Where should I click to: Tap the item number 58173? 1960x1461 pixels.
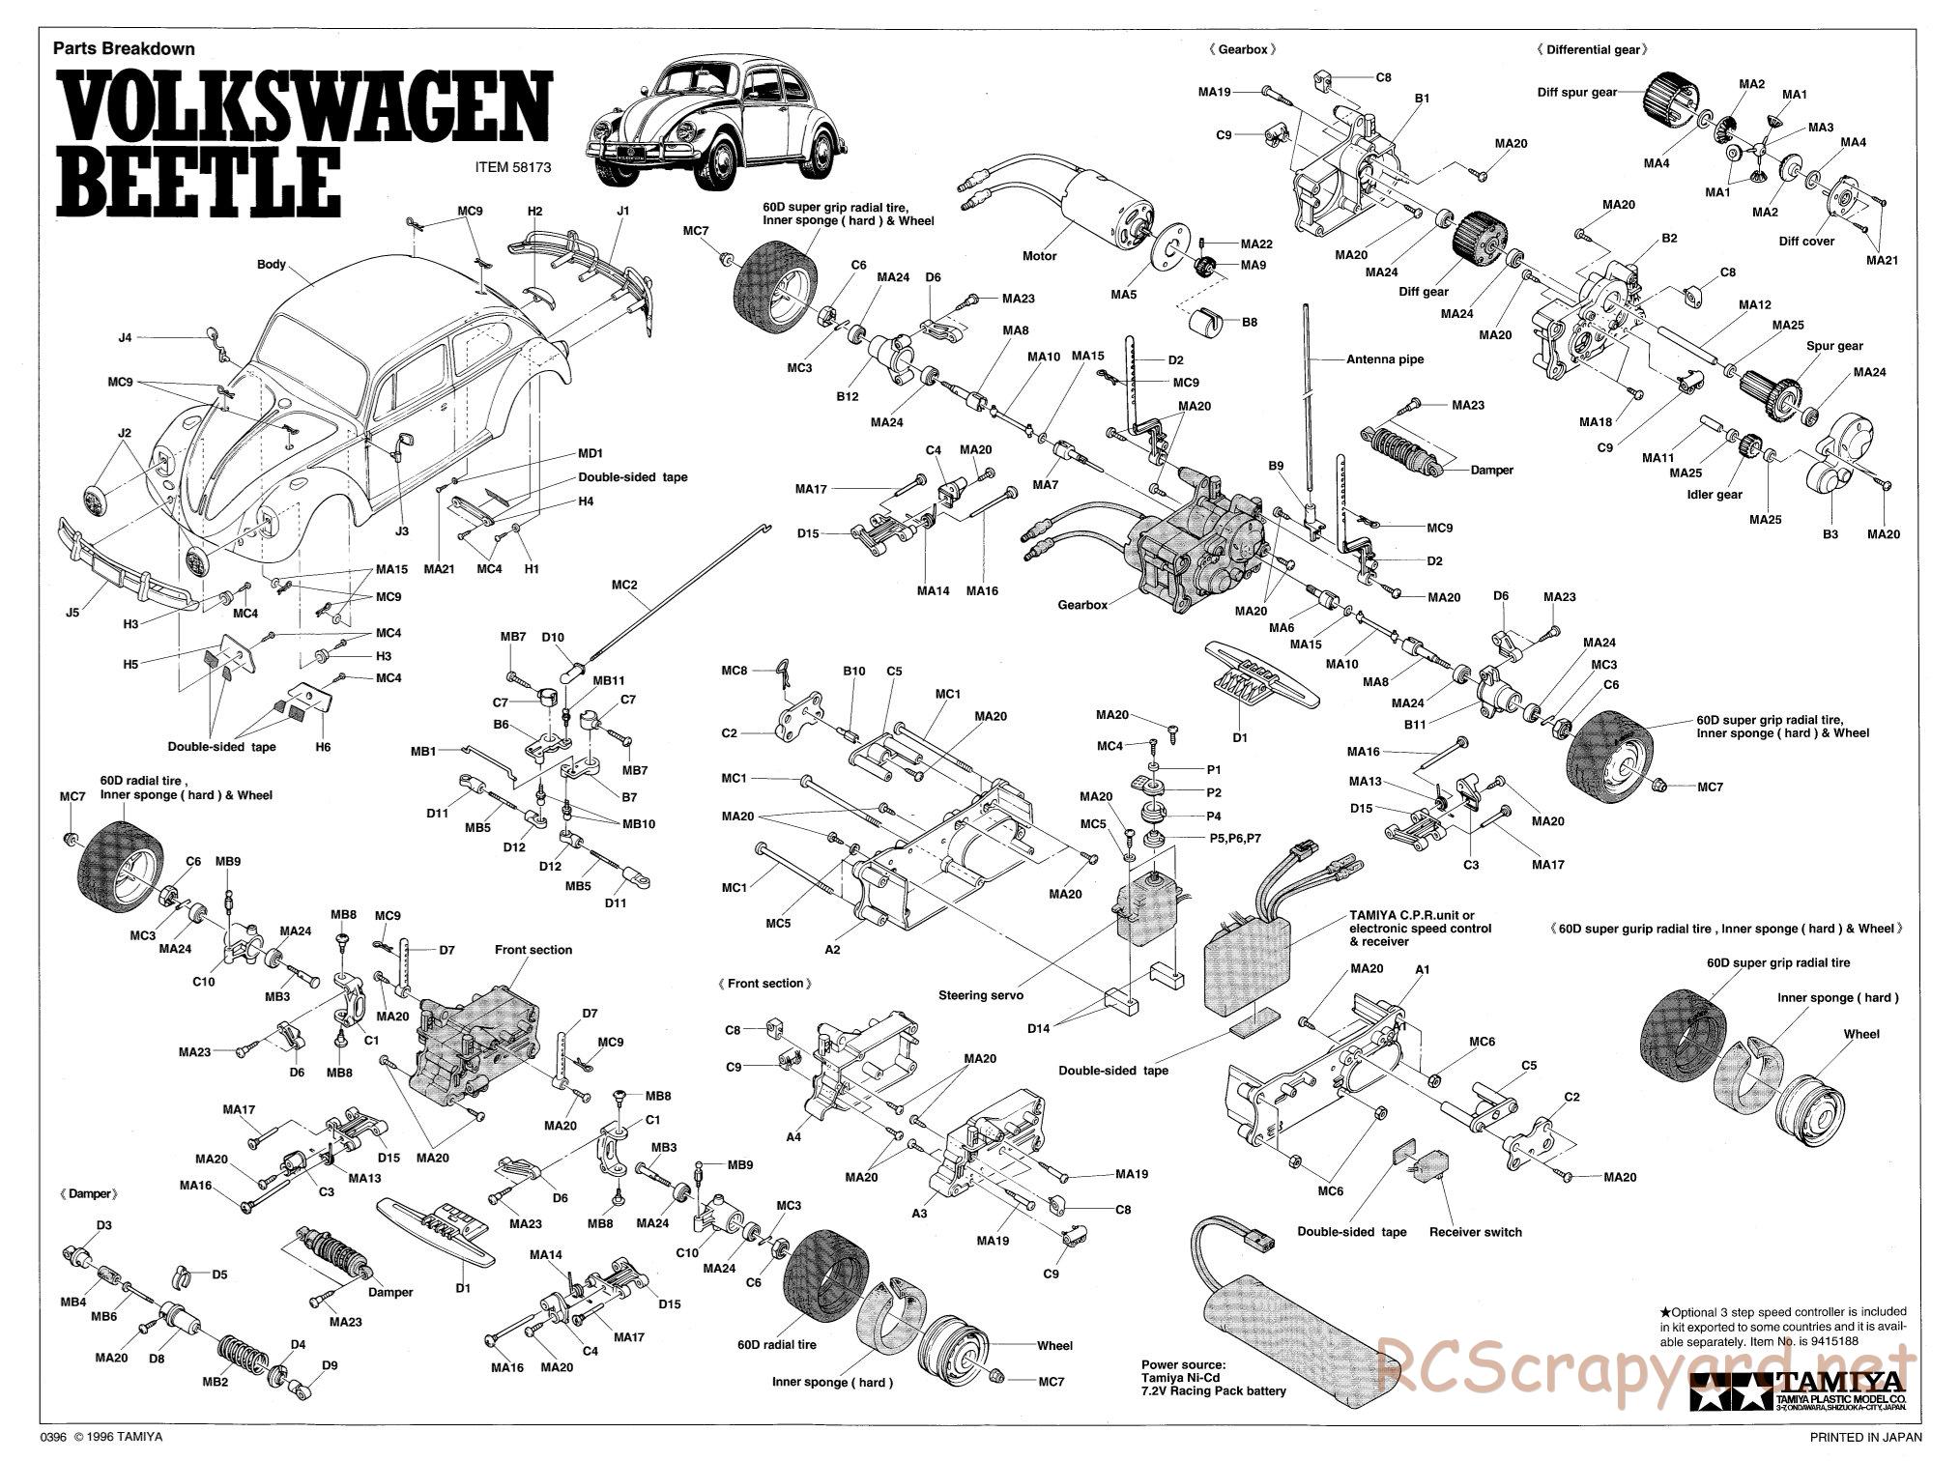(513, 166)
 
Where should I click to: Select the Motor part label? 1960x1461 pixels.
(1039, 256)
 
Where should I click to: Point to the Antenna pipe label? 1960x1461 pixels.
(1385, 359)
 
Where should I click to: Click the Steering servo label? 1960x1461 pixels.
(981, 995)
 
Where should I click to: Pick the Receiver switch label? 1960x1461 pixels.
(1475, 1232)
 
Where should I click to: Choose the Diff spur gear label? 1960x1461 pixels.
(1577, 93)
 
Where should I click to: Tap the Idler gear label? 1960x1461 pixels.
(1715, 495)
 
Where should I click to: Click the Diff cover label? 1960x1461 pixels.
(1806, 242)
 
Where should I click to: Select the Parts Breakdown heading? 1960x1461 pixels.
(124, 48)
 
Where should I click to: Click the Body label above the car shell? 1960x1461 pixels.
(272, 264)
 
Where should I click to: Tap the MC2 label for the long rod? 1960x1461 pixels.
(624, 585)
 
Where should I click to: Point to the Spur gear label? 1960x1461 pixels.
(1834, 346)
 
